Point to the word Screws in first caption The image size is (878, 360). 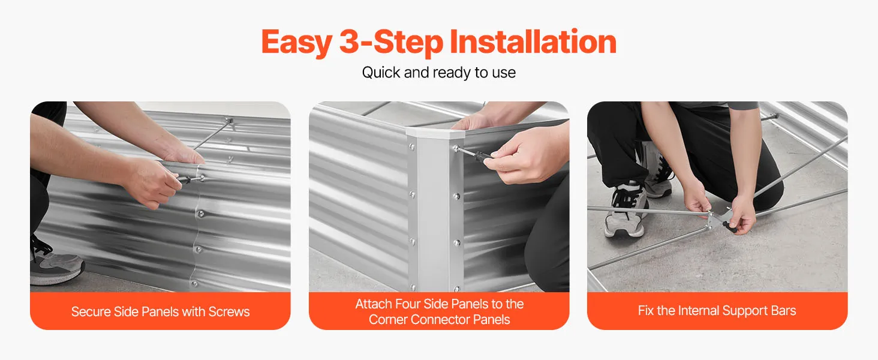[x=229, y=311]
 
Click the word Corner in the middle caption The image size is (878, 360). [x=388, y=320]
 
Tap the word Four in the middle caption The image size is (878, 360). [x=408, y=304]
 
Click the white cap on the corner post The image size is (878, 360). [x=435, y=133]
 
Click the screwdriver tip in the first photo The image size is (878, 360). [x=202, y=178]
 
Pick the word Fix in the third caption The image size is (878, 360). [x=646, y=311]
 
